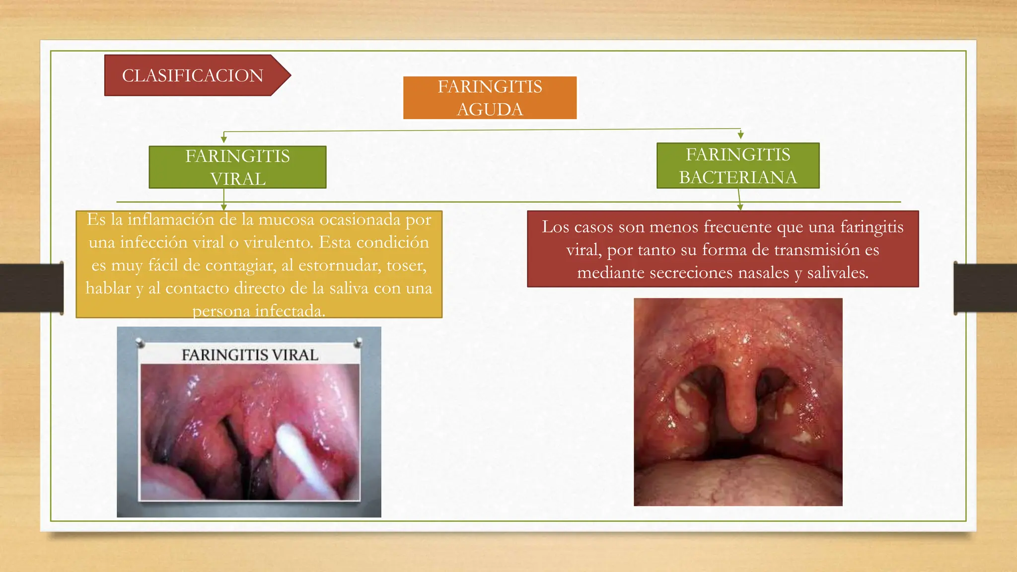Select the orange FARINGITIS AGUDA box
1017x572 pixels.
490,98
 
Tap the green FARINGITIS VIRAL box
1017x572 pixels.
237,167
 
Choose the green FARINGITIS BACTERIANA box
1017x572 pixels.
738,166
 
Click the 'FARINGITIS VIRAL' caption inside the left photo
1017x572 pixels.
250,355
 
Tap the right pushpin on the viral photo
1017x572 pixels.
358,342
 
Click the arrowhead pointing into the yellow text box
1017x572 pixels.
224,207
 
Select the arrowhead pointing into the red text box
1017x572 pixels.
740,207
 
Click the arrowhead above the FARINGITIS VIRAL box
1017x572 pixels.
224,140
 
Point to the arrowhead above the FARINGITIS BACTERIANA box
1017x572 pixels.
740,136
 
